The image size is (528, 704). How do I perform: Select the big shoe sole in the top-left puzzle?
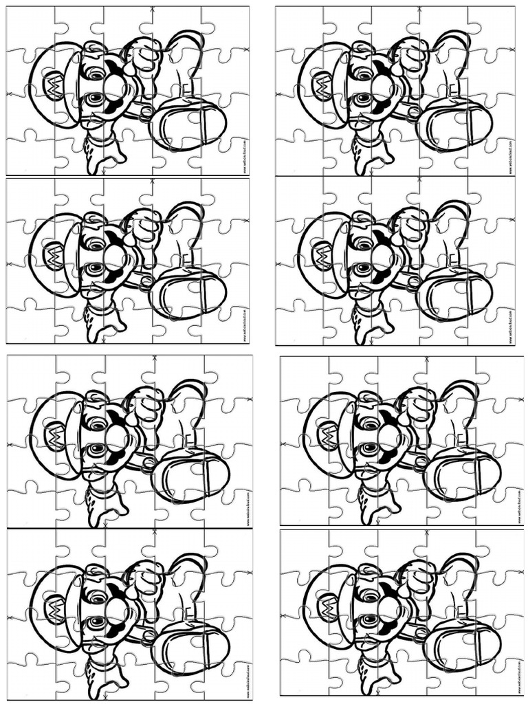point(188,124)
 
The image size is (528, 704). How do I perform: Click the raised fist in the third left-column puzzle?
point(146,406)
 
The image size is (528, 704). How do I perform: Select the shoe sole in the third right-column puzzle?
point(462,474)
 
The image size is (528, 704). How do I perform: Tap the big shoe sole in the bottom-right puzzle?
point(462,646)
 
